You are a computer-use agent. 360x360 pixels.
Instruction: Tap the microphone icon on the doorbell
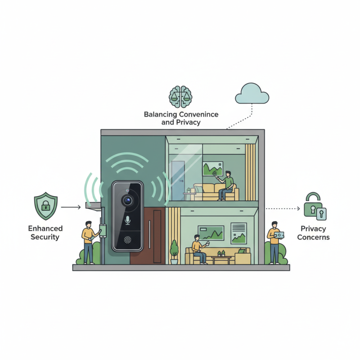pyautogui.click(x=128, y=220)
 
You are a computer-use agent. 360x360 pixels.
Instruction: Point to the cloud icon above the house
pyautogui.click(x=252, y=94)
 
